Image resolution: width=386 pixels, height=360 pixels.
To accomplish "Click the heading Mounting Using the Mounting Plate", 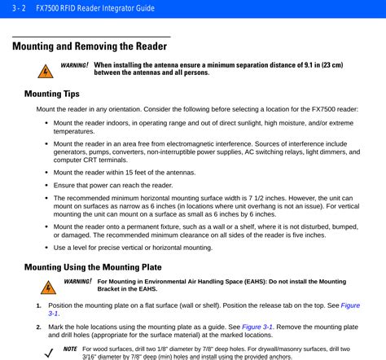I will point(93,266).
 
